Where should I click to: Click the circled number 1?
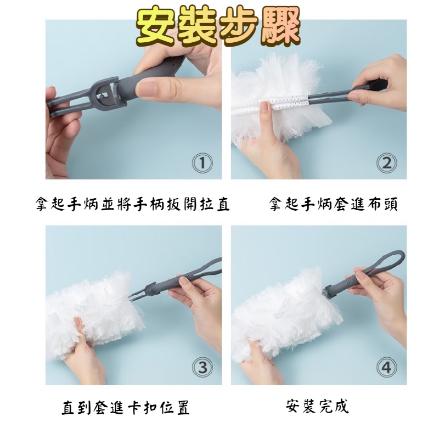(x=202, y=163)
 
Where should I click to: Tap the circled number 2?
(x=387, y=163)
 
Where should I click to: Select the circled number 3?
(x=202, y=368)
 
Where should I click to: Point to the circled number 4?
(x=387, y=368)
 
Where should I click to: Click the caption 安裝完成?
(x=317, y=407)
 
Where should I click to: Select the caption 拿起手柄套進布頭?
(x=333, y=204)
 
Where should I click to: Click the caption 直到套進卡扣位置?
(x=126, y=407)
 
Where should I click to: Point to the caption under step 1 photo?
(x=133, y=204)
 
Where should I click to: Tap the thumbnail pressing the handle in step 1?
(x=146, y=88)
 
